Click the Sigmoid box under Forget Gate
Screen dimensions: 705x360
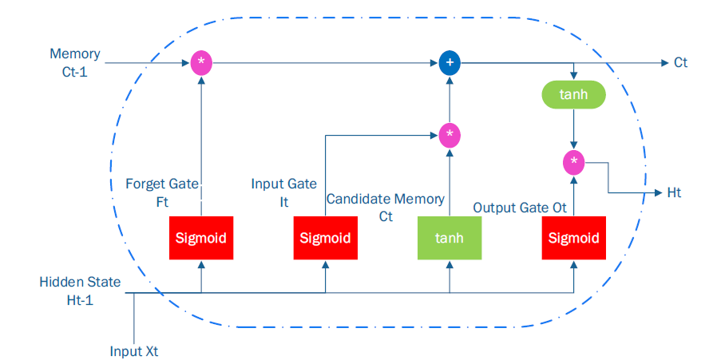point(201,238)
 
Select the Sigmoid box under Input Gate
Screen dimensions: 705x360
point(326,238)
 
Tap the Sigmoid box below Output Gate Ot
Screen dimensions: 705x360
point(574,238)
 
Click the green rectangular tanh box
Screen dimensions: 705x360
point(450,238)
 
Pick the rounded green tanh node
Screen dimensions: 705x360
point(574,94)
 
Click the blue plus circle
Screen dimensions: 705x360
point(450,63)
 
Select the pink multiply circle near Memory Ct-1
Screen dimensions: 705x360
point(201,63)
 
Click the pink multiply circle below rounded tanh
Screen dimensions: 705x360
point(574,163)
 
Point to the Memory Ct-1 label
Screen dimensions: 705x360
point(75,62)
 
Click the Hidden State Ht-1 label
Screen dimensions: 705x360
point(80,291)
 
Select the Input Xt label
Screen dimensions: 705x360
point(134,351)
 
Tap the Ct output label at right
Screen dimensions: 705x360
point(681,62)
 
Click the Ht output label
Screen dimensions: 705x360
point(674,193)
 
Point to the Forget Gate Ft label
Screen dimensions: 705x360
point(162,193)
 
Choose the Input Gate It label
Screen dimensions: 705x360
point(283,193)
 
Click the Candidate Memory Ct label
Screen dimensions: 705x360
point(386,208)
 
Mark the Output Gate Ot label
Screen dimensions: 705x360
point(520,208)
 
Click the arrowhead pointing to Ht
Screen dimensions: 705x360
point(659,193)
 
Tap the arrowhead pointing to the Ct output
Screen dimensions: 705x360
point(665,63)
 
